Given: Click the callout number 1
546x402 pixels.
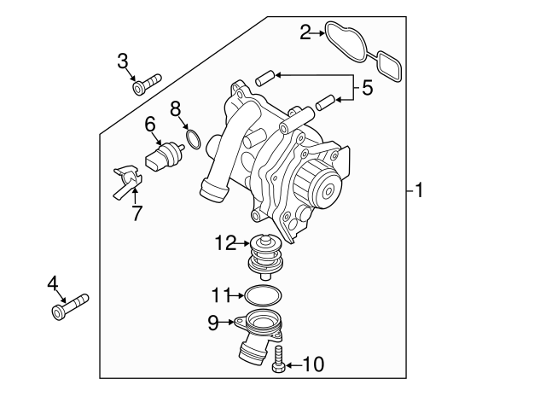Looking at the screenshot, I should [419, 189].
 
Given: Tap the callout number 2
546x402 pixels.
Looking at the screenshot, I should [305, 33].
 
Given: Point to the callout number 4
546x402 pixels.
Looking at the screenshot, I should [53, 283].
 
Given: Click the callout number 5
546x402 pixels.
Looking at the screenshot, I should [367, 87].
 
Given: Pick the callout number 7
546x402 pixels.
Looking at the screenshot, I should [136, 213].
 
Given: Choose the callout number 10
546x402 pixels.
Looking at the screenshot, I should [314, 364].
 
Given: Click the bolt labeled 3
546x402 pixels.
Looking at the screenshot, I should [146, 83].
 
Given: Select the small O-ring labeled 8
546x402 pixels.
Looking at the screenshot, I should [194, 138].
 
